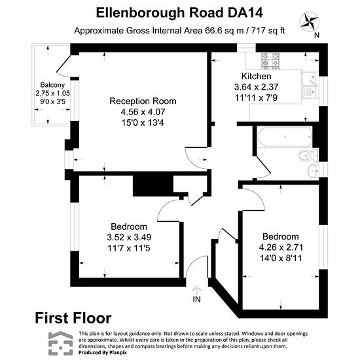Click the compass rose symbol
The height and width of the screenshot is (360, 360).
click(x=310, y=22)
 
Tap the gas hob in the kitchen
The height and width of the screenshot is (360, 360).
click(x=271, y=61)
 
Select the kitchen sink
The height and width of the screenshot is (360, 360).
click(x=310, y=85)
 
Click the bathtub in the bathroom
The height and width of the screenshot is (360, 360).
click(x=285, y=137)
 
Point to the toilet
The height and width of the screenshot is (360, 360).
click(x=308, y=155)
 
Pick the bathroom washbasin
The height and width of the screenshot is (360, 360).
click(x=313, y=171)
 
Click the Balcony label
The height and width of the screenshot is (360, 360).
click(x=52, y=85)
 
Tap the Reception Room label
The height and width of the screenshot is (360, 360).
click(x=143, y=101)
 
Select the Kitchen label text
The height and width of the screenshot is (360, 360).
click(x=256, y=76)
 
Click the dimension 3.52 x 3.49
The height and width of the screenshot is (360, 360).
click(x=129, y=237)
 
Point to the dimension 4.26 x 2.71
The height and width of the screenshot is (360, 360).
click(x=281, y=247)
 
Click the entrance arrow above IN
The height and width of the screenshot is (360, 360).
click(x=196, y=290)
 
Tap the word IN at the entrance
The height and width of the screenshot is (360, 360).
click(x=197, y=299)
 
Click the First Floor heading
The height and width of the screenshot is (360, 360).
click(x=73, y=318)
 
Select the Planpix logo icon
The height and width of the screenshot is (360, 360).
click(x=61, y=343)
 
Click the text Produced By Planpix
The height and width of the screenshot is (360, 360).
click(x=103, y=352)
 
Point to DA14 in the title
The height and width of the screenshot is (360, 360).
click(x=245, y=13)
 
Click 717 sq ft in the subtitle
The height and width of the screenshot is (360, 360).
click(x=268, y=31)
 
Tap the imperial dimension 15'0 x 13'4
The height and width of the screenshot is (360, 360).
click(x=143, y=122)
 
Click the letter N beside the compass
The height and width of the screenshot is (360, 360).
click(x=317, y=35)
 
